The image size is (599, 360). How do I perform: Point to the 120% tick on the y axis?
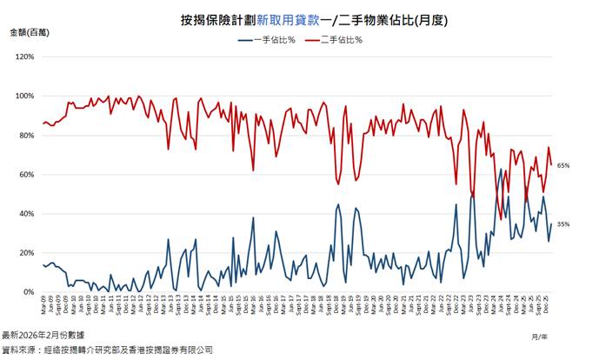click(x=24, y=57)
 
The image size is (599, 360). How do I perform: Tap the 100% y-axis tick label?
click(x=24, y=97)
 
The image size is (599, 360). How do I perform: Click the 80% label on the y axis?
click(x=26, y=136)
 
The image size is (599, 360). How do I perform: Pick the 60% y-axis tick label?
click(x=26, y=175)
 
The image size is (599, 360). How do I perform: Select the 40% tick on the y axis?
click(x=26, y=214)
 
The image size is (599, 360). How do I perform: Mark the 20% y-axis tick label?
click(x=26, y=253)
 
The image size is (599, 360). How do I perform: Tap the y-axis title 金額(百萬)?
click(x=30, y=32)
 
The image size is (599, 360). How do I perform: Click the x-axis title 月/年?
click(x=539, y=334)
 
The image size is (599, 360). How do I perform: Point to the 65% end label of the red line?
click(x=562, y=165)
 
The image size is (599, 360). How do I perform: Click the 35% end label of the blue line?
click(x=562, y=224)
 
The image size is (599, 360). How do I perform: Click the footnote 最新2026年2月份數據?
click(x=43, y=335)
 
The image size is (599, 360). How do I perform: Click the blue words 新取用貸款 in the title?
click(x=282, y=18)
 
